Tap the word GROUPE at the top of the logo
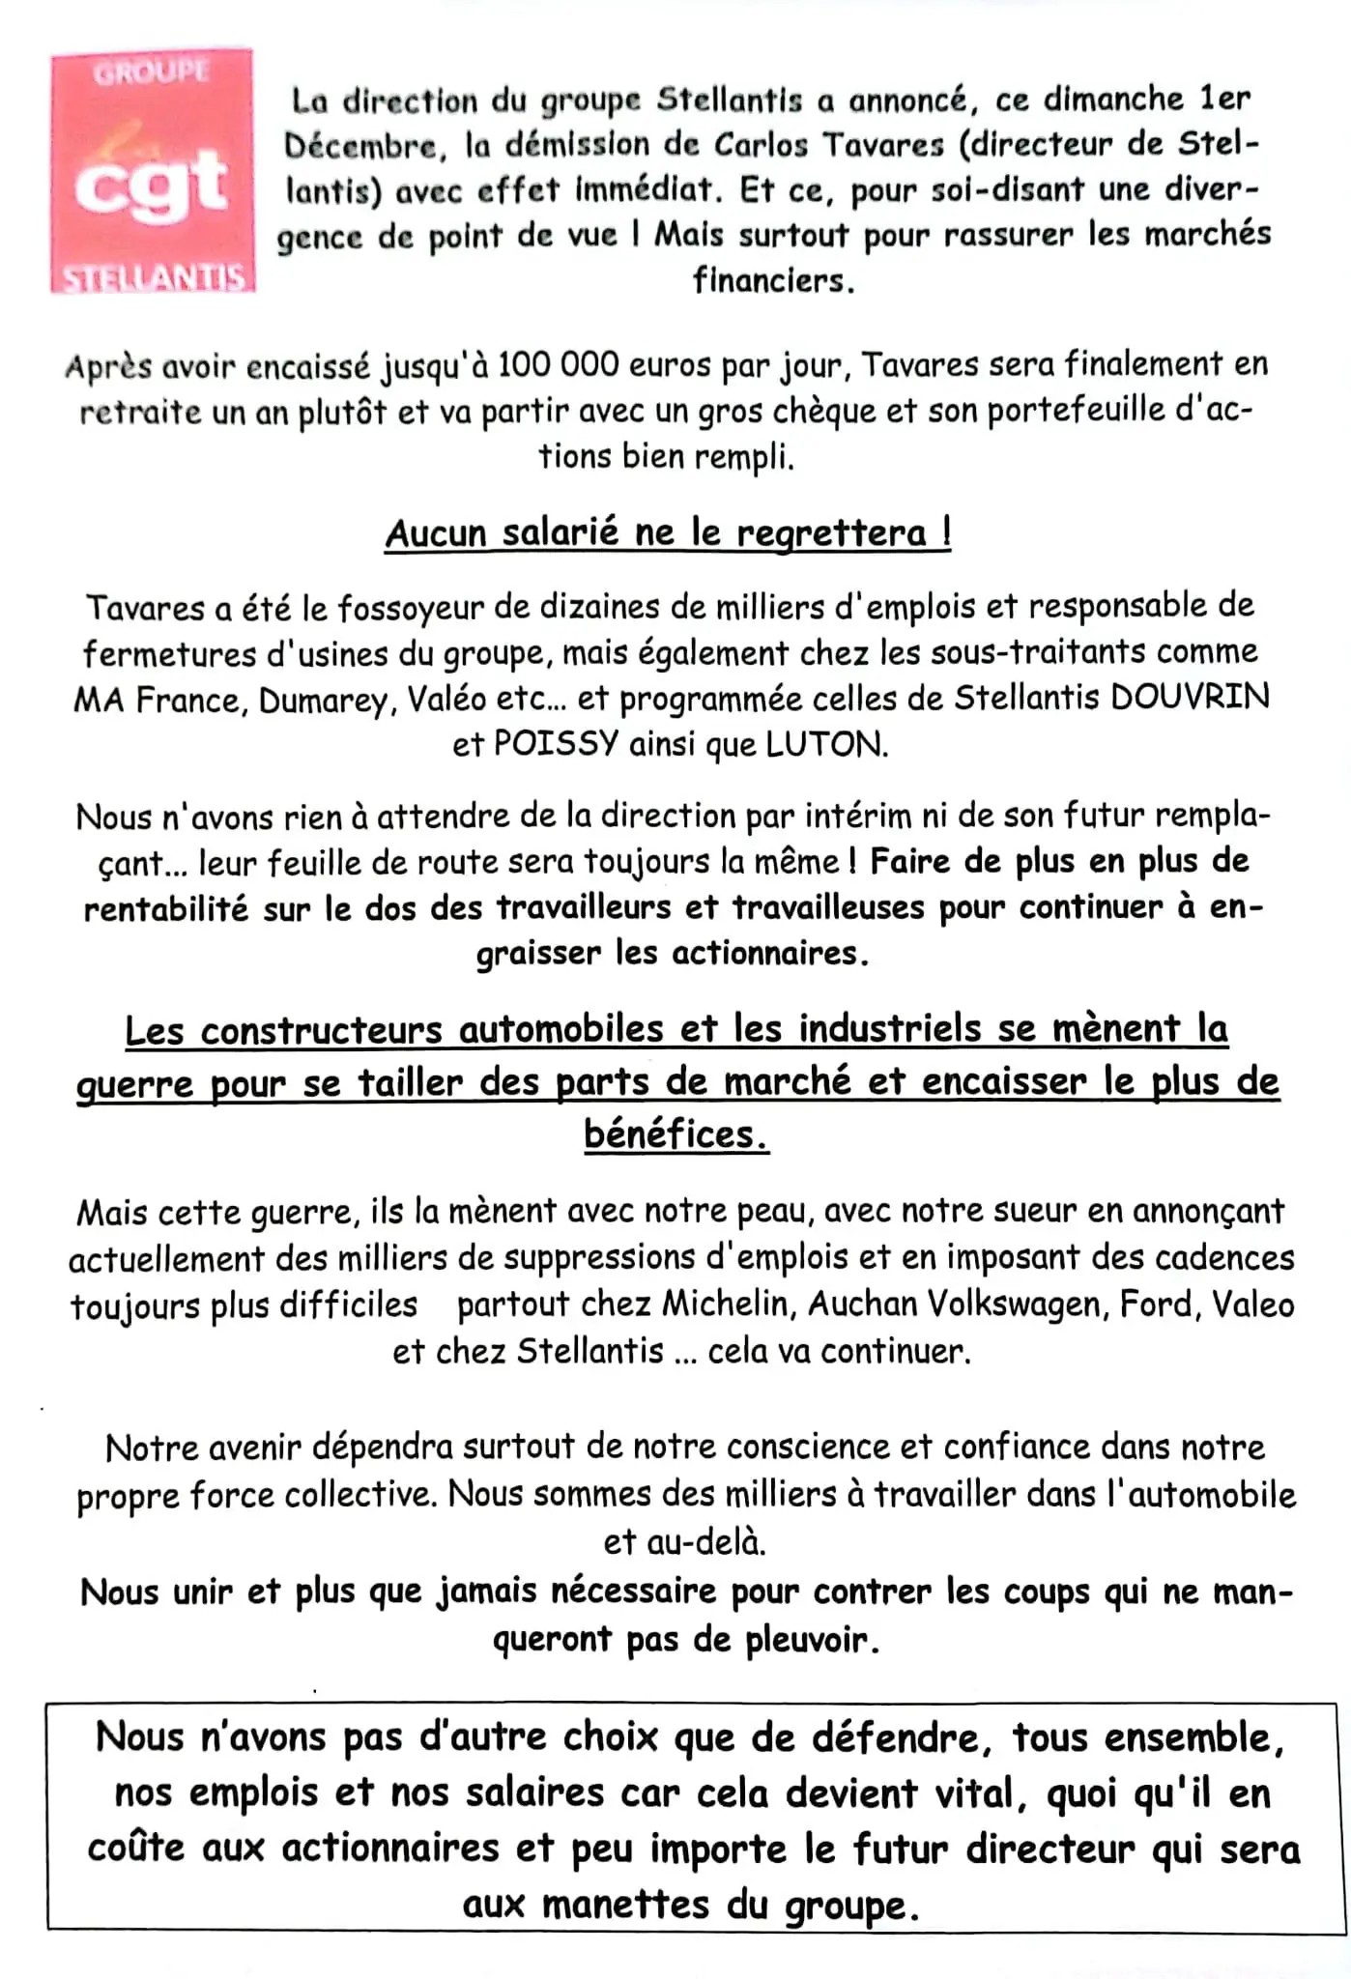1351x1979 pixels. tap(151, 72)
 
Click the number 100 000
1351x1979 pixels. tap(561, 366)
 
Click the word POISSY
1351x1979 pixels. tap(555, 745)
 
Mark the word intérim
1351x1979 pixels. tap(851, 817)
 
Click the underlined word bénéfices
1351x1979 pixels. tap(675, 1133)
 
